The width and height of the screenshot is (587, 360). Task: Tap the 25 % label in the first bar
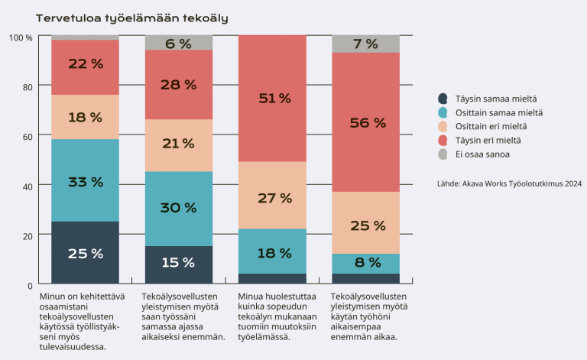(x=85, y=254)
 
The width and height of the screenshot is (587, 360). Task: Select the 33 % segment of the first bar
(x=85, y=182)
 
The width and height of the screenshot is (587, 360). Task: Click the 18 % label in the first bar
(x=85, y=117)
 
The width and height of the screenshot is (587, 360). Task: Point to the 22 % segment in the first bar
(x=85, y=64)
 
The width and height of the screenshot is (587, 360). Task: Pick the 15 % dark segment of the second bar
(x=179, y=263)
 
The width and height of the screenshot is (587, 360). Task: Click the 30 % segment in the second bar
(x=179, y=208)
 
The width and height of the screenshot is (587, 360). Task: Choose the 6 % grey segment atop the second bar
(x=179, y=44)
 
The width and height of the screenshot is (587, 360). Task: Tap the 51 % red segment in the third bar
(x=273, y=98)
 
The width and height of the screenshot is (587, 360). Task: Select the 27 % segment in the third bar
(x=273, y=198)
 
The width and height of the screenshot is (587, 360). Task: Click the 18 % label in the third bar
(x=273, y=253)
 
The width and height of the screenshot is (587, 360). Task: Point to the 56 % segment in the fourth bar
(x=365, y=122)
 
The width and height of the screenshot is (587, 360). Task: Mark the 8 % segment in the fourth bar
(x=365, y=263)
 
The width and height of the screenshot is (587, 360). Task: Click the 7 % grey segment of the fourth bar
(x=365, y=44)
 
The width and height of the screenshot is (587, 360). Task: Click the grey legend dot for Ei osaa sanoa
(x=443, y=154)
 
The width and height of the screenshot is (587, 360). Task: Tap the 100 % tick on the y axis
(x=20, y=37)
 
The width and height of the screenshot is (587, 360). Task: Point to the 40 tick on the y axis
(x=26, y=186)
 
